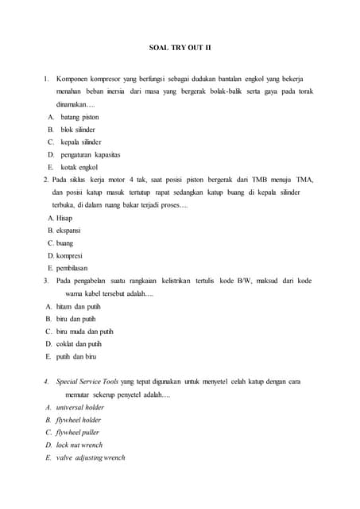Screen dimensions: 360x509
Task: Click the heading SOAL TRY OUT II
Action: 180,47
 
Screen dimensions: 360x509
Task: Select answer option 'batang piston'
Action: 79,117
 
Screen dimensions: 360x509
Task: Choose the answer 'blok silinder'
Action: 78,129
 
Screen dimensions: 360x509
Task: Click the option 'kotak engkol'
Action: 79,167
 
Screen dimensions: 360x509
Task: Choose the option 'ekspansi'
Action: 68,230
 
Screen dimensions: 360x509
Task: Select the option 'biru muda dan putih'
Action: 85,332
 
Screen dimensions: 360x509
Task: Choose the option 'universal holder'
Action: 80,407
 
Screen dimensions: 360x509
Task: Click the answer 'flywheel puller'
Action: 78,433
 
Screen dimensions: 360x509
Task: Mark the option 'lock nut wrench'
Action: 79,445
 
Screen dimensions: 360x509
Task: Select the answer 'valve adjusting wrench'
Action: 91,458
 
